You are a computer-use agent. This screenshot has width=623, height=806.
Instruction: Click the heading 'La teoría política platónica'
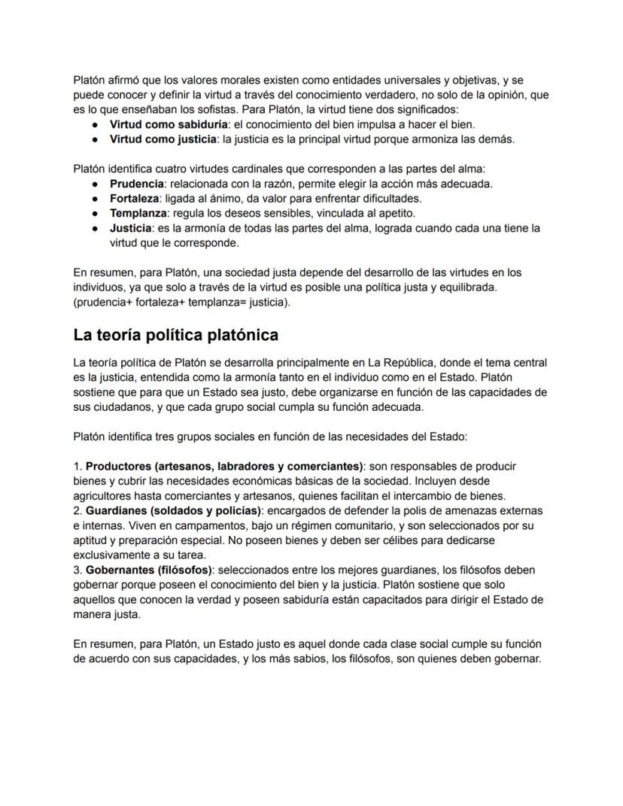pos(175,334)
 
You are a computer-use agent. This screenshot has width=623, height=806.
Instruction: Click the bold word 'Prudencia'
pos(136,184)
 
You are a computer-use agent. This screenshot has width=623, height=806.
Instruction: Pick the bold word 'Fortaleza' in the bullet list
pos(134,199)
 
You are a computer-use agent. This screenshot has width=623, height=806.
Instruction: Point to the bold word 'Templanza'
pos(138,213)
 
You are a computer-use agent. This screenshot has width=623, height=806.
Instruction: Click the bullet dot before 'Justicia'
pos(96,228)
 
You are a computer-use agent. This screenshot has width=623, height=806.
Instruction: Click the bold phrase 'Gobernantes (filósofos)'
pos(149,570)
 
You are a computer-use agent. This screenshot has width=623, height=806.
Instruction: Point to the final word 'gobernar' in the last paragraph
pos(517,658)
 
